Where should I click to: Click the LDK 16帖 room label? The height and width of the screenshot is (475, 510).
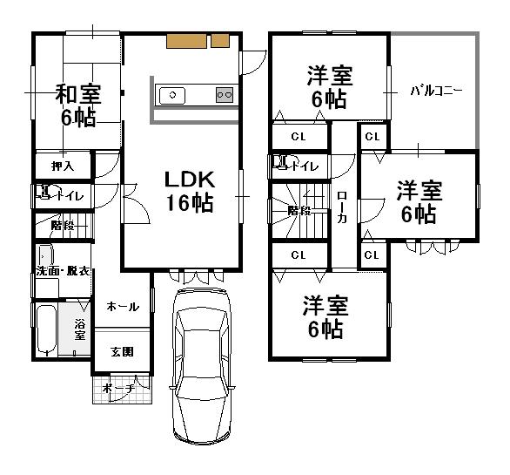click(190, 191)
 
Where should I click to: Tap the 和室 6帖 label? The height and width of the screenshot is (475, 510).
click(77, 105)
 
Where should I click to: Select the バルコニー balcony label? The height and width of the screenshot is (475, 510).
click(435, 90)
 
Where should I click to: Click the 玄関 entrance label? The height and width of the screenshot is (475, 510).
click(121, 352)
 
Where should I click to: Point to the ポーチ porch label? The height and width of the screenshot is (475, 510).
click(118, 388)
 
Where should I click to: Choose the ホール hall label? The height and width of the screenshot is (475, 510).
click(122, 307)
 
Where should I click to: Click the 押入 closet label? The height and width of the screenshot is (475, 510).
click(62, 165)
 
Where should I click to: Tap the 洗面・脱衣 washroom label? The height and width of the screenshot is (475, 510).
click(64, 271)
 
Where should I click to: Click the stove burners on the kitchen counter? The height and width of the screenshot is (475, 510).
click(224, 95)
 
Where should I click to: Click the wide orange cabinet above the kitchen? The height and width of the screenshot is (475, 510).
click(185, 40)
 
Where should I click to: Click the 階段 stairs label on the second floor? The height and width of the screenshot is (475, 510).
click(299, 209)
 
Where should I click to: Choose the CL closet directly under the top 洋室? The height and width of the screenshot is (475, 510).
click(299, 136)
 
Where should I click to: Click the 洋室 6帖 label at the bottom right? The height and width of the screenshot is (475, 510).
click(325, 316)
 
